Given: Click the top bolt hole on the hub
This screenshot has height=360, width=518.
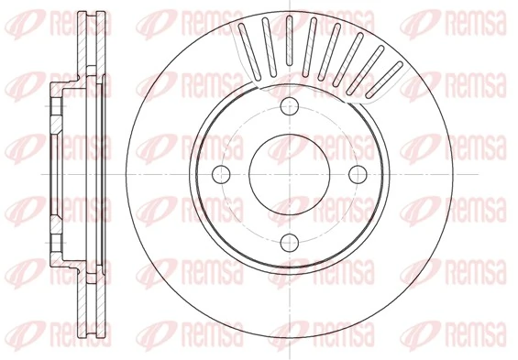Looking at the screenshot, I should pos(290,104).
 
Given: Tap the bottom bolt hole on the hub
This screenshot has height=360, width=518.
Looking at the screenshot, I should pos(290,242).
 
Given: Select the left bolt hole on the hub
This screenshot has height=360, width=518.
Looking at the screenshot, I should pos(221,173).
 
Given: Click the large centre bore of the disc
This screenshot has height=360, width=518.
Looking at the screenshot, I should pos(290,173).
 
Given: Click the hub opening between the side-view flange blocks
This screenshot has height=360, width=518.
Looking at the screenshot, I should pos(55,173).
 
